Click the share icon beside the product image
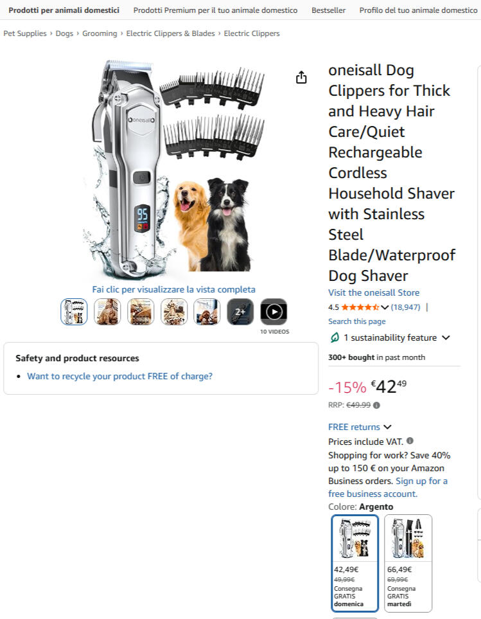tap(301, 77)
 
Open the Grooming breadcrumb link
tap(100, 33)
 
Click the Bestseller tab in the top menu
tap(328, 10)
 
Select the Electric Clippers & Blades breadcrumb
tap(170, 33)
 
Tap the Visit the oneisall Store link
tap(374, 292)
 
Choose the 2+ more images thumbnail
tap(240, 312)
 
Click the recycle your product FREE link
tap(120, 376)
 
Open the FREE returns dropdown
tap(360, 427)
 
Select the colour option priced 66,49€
tap(408, 563)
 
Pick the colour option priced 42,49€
tap(355, 563)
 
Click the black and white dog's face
tap(227, 198)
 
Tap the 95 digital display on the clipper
tap(143, 215)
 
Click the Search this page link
tap(357, 321)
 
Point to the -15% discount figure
tap(347, 387)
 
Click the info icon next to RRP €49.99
tap(376, 405)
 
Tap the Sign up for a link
tap(421, 481)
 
